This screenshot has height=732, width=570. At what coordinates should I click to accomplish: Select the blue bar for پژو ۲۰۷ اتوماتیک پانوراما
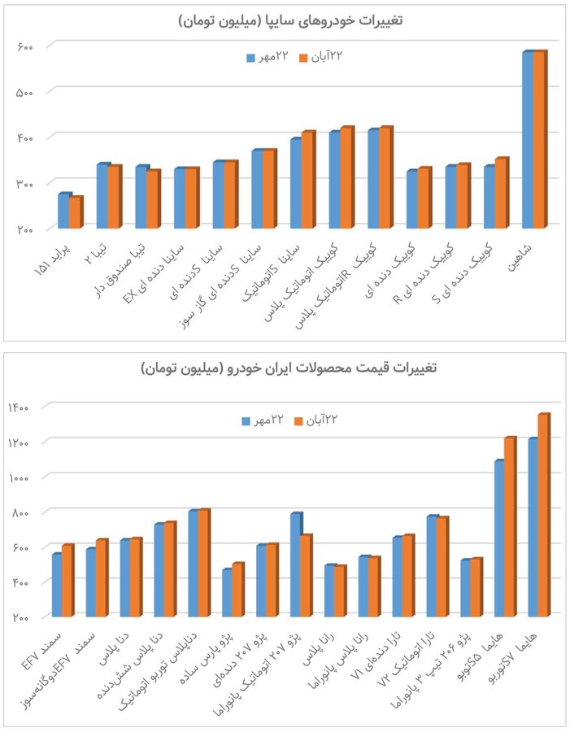[296, 564]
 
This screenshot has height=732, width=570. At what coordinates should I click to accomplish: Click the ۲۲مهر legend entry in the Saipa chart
[266, 58]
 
